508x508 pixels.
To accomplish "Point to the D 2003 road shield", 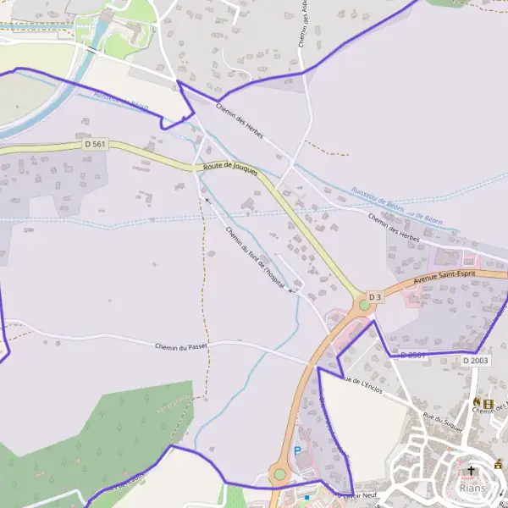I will click(476, 361).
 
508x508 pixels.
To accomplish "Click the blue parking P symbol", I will click(297, 451).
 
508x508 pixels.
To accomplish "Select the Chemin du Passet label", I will click(182, 346).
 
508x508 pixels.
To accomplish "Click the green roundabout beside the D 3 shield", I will click(364, 304).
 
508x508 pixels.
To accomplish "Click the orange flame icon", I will click(478, 401).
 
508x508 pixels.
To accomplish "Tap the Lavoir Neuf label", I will click(356, 495).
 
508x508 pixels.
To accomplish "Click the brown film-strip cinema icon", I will click(489, 401).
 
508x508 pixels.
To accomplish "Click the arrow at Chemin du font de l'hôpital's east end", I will click(292, 290).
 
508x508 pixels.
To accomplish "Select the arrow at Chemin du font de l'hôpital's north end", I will click(208, 201).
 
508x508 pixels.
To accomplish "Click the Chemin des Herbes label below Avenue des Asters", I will click(240, 122).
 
